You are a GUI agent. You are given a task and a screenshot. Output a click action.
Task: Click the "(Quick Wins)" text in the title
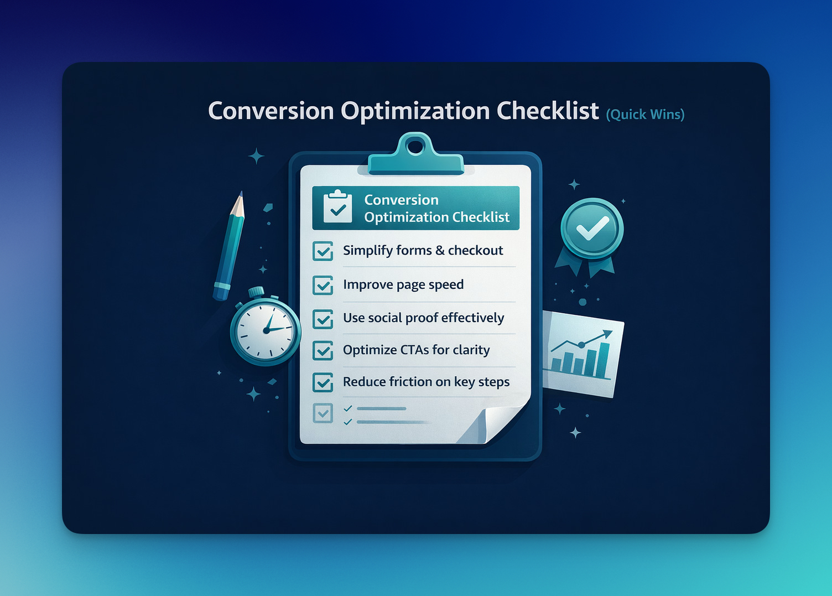(x=645, y=115)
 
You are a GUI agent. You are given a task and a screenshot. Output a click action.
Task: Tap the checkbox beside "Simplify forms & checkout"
(x=323, y=251)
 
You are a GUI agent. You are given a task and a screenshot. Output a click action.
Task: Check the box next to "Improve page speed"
(x=323, y=285)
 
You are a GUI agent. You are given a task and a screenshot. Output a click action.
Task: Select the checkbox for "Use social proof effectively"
(x=323, y=319)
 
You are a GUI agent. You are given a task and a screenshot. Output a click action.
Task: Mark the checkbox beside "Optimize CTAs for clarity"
(x=323, y=350)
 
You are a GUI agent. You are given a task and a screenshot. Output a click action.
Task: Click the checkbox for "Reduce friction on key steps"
(x=323, y=382)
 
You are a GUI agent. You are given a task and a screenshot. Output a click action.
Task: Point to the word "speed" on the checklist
(x=446, y=285)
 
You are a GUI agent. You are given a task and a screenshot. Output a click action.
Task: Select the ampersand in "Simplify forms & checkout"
(x=440, y=251)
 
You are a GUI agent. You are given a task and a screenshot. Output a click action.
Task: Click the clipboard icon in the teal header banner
(x=337, y=207)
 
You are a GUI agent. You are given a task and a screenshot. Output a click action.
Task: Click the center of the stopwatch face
(x=266, y=330)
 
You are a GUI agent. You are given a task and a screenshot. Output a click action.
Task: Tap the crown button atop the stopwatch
(x=256, y=291)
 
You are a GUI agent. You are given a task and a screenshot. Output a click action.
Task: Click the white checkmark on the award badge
(x=592, y=228)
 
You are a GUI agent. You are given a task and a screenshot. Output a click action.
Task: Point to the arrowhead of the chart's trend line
(x=609, y=334)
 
